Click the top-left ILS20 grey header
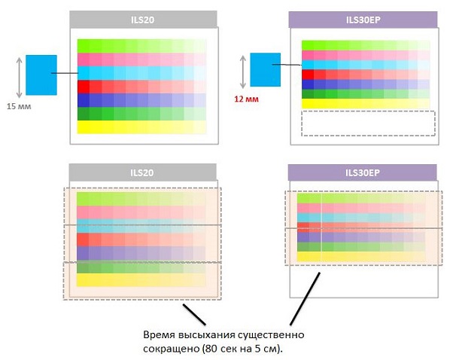[x=143, y=20]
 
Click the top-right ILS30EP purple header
[x=363, y=20]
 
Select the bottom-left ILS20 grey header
[x=143, y=172]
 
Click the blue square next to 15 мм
[x=41, y=73]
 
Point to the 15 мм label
[x=21, y=105]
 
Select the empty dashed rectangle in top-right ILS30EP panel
[x=368, y=123]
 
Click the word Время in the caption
[x=159, y=334]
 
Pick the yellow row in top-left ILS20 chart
[x=141, y=127]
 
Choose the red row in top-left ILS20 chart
[x=141, y=87]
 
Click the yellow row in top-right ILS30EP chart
[x=365, y=104]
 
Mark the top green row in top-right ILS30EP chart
[x=365, y=44]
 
